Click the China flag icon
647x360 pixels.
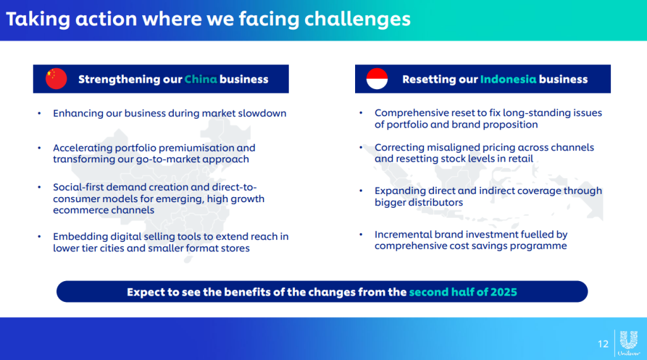(56, 78)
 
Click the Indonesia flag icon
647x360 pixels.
(377, 78)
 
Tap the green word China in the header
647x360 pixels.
(200, 79)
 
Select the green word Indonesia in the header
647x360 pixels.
(508, 79)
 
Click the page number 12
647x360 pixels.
(603, 344)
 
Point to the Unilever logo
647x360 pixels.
(629, 343)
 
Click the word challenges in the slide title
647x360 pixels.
(358, 20)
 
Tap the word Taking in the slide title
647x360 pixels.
(38, 20)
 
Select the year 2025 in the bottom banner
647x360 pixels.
(504, 292)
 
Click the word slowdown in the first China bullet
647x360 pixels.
(262, 114)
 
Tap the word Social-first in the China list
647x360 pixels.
(78, 187)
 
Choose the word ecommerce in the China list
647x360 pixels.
(78, 210)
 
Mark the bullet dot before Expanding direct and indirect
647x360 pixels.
(361, 191)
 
